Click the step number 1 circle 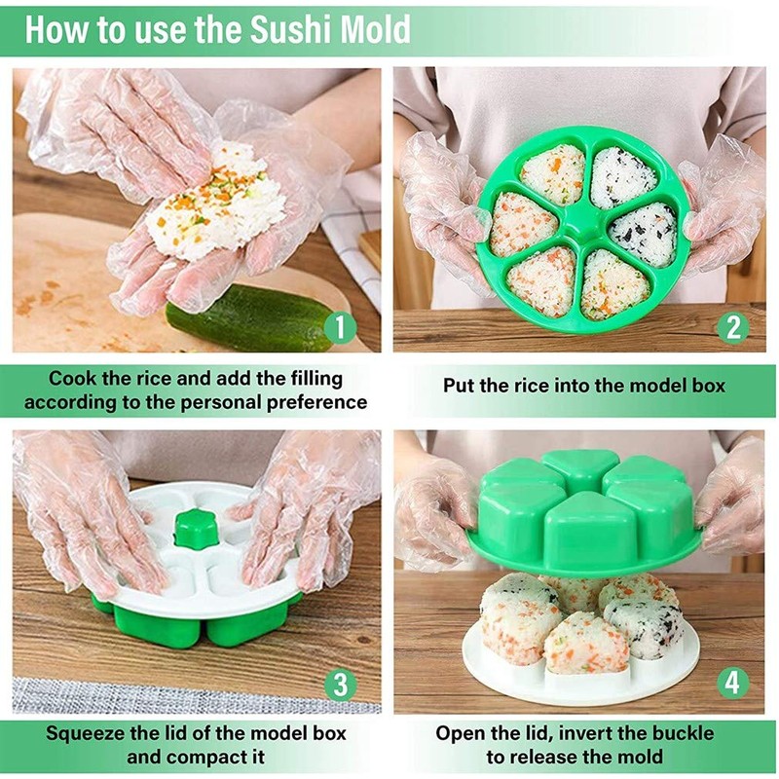[x=339, y=327]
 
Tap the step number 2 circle [x=733, y=327]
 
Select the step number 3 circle [x=339, y=685]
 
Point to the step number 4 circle [x=733, y=683]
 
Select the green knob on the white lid [x=192, y=526]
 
